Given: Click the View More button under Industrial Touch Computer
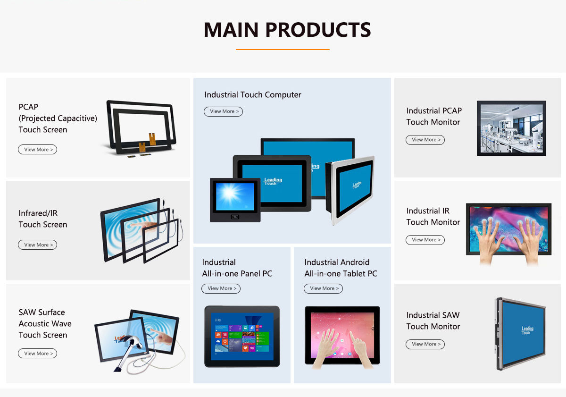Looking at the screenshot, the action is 223,111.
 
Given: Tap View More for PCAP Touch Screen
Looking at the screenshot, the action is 37,150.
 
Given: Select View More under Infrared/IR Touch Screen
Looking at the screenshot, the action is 37,245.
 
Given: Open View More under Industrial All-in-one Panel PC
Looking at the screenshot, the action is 221,288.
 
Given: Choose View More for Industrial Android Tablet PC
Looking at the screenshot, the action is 323,288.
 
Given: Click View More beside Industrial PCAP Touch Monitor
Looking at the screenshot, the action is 425,140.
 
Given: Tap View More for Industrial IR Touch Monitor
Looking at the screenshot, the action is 425,240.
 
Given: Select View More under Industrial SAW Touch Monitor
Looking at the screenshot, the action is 425,344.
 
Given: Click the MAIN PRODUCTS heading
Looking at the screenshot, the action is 287,30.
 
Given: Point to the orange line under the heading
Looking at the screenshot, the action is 283,49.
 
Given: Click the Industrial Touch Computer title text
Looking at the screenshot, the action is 253,95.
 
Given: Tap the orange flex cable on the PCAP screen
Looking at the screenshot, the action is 152,139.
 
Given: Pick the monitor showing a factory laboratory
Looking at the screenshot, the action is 511,128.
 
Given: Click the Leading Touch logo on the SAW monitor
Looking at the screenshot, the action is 527,330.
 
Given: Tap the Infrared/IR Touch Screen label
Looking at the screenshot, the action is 43,219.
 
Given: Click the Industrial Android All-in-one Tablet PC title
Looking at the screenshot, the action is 341,268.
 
